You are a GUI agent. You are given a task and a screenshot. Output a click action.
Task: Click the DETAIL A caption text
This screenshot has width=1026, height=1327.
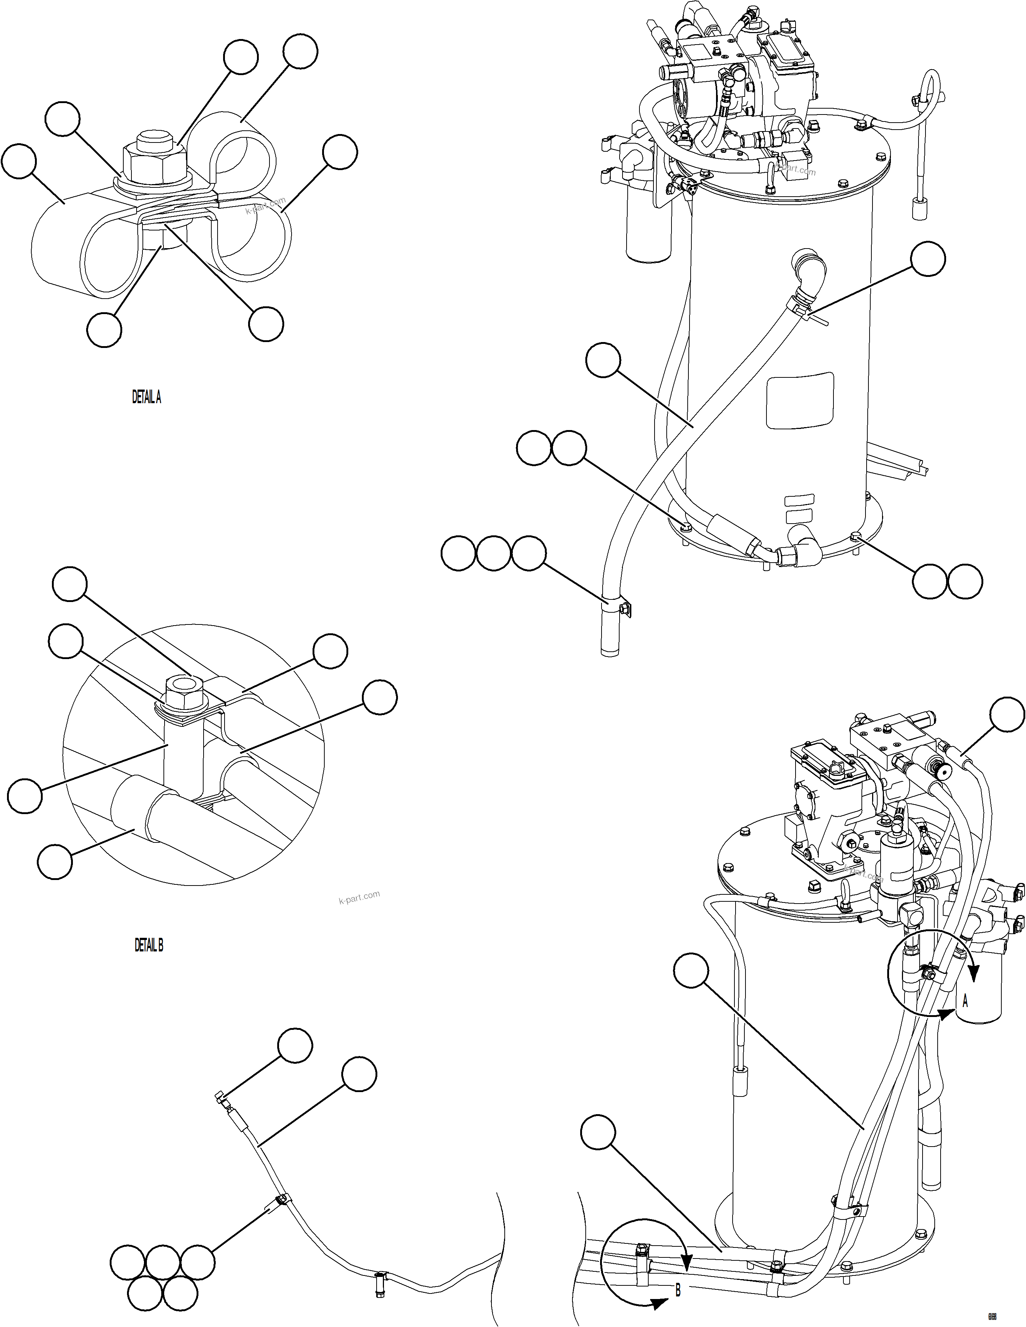(147, 397)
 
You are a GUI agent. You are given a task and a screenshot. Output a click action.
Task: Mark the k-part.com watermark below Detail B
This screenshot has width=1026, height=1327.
(359, 897)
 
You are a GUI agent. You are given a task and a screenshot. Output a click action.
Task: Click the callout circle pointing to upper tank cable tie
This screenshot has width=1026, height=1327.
(928, 259)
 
